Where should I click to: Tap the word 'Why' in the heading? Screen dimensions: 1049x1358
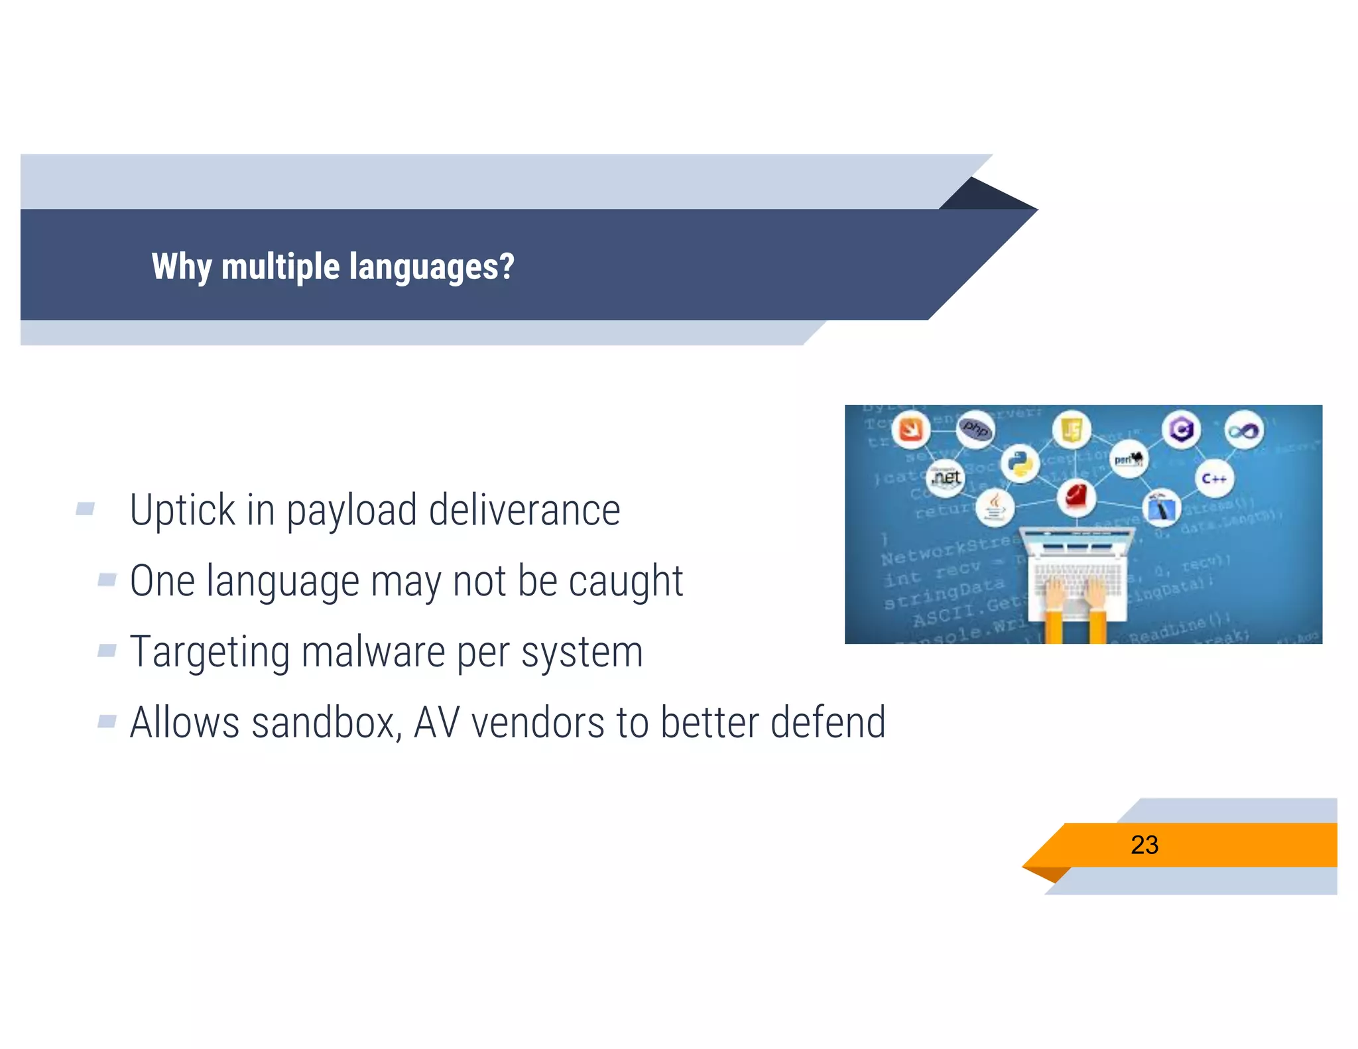(181, 267)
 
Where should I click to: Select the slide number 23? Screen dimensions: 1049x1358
(1144, 845)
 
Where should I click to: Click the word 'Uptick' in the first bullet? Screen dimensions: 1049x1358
(182, 511)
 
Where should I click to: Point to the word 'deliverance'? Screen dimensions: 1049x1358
(524, 511)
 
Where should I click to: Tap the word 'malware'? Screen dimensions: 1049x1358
(373, 652)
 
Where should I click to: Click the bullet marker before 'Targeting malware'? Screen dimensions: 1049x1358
(107, 650)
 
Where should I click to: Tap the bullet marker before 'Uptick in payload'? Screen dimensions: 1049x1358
(85, 509)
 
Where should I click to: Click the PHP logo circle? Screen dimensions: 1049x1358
(975, 429)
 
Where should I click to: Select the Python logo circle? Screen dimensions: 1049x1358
(1020, 463)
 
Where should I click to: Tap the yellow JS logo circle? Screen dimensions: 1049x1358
(1071, 430)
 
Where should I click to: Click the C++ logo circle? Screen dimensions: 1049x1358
(1213, 478)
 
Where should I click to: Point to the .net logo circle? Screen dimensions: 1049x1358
(946, 477)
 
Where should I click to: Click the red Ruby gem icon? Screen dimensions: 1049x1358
(1076, 497)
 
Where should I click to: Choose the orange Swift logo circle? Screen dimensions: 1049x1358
(910, 430)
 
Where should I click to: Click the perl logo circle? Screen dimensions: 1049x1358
(1127, 459)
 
